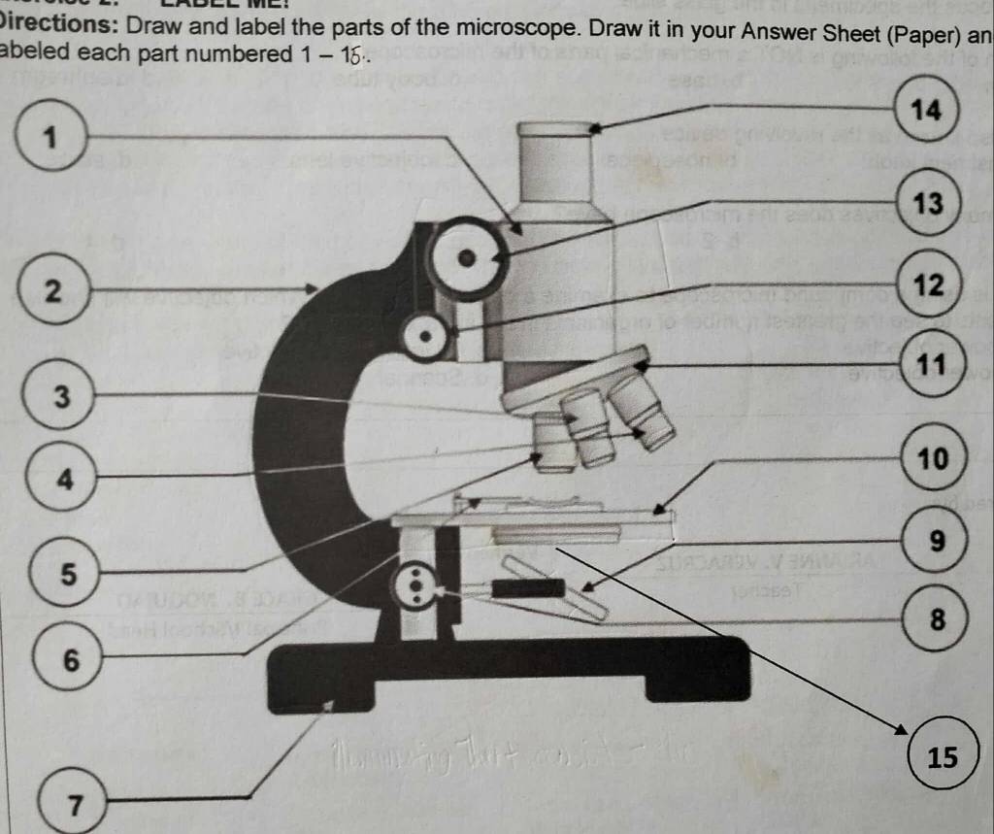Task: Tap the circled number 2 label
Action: [53, 289]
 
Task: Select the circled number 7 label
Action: [73, 801]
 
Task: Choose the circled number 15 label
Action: [942, 756]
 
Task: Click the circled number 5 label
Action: [66, 572]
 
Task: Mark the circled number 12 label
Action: [929, 285]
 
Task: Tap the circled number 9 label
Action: [934, 540]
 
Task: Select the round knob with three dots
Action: [417, 585]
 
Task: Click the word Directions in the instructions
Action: [57, 24]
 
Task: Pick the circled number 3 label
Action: [60, 395]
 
